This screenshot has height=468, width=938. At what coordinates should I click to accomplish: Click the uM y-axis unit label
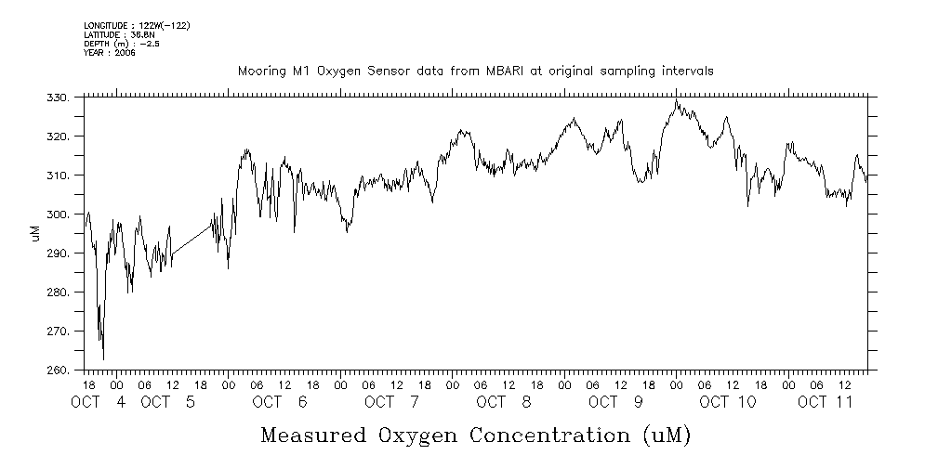pos(36,233)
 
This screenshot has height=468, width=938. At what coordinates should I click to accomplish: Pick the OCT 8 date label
pos(503,403)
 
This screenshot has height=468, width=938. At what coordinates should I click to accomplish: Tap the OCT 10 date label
pos(728,403)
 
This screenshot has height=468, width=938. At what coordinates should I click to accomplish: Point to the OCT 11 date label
pos(826,403)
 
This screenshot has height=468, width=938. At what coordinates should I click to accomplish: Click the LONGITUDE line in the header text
pos(137,26)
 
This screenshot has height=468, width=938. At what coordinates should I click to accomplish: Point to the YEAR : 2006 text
pos(110,54)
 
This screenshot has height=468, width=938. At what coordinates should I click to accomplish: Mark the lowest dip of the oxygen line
pos(103,358)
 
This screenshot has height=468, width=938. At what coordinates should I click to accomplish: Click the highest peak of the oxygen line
pos(677,100)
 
